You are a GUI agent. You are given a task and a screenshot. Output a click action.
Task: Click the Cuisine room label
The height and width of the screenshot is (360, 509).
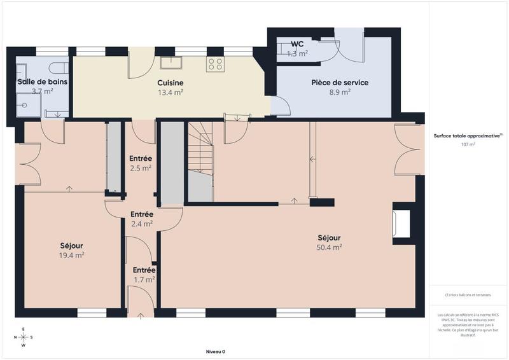pyautogui.click(x=171, y=83)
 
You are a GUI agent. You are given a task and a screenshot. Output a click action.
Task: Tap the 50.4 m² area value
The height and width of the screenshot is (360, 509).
pyautogui.click(x=330, y=247)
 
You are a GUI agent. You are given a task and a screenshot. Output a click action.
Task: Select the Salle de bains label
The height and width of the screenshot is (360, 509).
pyautogui.click(x=42, y=81)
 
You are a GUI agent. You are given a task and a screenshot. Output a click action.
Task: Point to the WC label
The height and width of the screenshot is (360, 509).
pyautogui.click(x=297, y=44)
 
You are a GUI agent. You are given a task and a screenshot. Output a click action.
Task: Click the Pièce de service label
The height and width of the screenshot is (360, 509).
pyautogui.click(x=340, y=83)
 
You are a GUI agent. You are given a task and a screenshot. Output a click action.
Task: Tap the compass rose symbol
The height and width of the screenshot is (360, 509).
pyautogui.click(x=23, y=337)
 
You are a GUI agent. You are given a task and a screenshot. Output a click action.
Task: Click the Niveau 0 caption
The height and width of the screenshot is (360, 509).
pyautogui.click(x=215, y=352)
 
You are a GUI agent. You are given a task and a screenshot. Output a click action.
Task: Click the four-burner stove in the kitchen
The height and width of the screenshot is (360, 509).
pyautogui.click(x=215, y=64)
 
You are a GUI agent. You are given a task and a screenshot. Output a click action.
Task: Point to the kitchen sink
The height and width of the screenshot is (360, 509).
pyautogui.click(x=171, y=62)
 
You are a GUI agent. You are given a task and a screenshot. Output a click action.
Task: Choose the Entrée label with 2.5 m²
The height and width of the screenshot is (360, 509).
pyautogui.click(x=141, y=158)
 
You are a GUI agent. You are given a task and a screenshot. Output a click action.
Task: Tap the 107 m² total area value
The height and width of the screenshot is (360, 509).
pyautogui.click(x=468, y=144)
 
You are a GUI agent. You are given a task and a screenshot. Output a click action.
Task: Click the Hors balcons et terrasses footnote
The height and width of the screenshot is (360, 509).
pyautogui.click(x=468, y=295)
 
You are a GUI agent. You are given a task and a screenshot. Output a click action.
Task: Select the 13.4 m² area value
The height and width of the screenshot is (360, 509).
pyautogui.click(x=171, y=92)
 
